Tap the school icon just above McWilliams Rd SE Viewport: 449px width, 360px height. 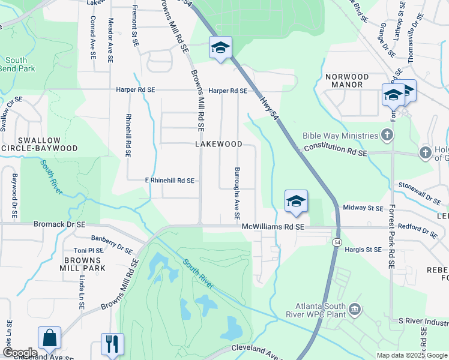coord(296,202)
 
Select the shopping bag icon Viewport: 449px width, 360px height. coord(49,339)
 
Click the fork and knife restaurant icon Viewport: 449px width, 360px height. coord(112,344)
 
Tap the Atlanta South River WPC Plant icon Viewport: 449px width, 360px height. coord(355,309)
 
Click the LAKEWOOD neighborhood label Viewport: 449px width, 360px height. coord(218,145)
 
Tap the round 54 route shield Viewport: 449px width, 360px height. coord(337,241)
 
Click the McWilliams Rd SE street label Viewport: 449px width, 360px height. coord(273,227)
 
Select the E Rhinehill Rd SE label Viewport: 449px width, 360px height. coord(169,180)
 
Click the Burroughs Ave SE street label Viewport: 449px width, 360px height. coord(238,193)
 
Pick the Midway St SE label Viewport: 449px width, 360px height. coord(362,208)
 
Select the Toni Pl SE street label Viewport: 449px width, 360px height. coord(88,250)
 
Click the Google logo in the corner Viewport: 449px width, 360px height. coord(19,353)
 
